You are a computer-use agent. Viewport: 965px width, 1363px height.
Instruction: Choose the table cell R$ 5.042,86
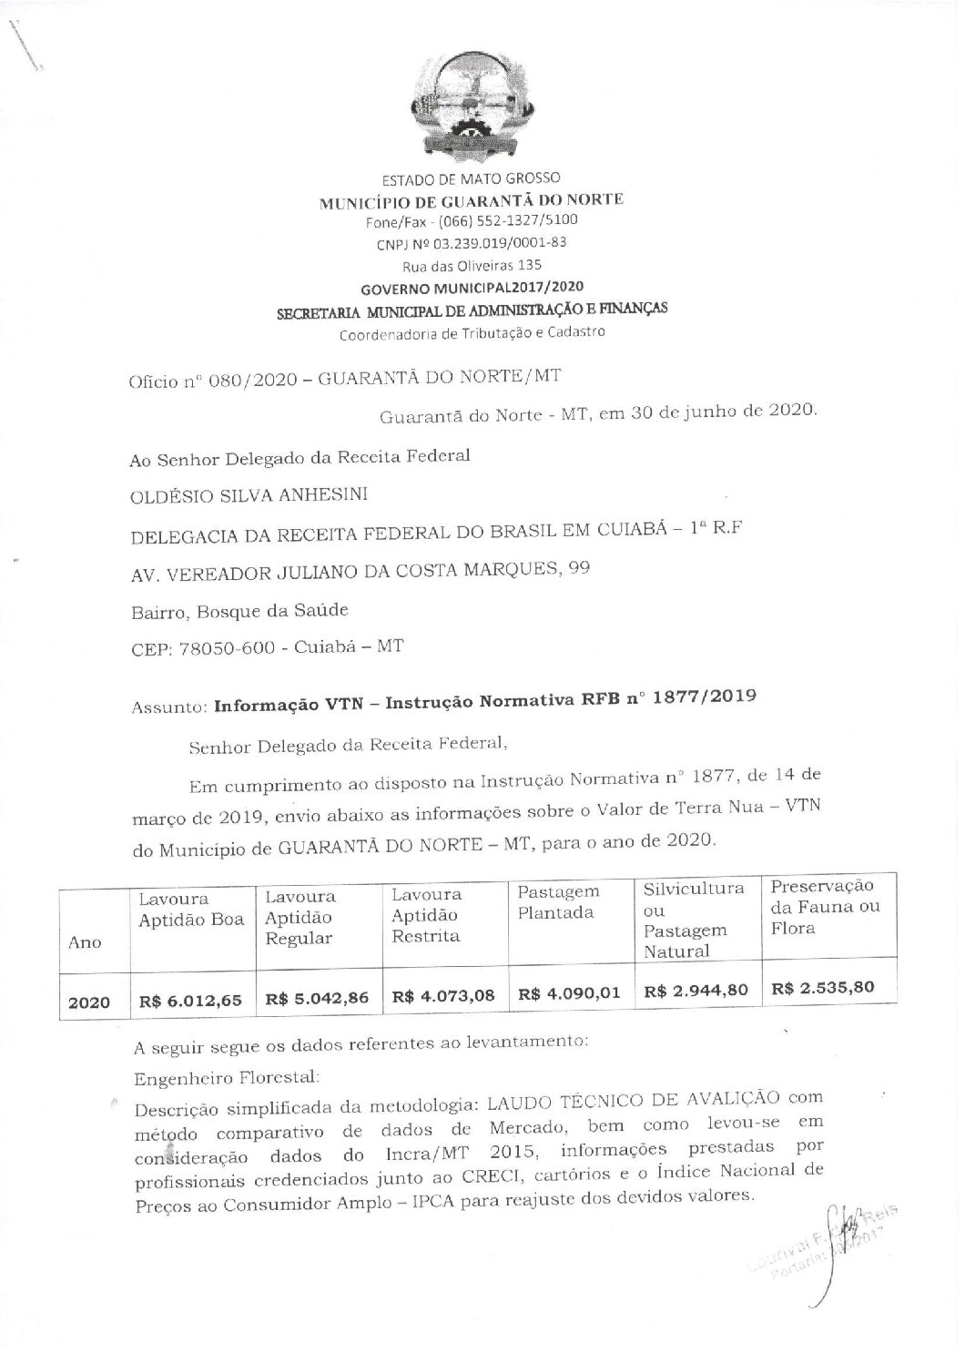point(317,997)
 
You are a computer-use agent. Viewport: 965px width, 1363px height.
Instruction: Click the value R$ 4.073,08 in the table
point(443,995)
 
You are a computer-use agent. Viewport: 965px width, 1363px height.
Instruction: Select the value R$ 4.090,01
point(569,993)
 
